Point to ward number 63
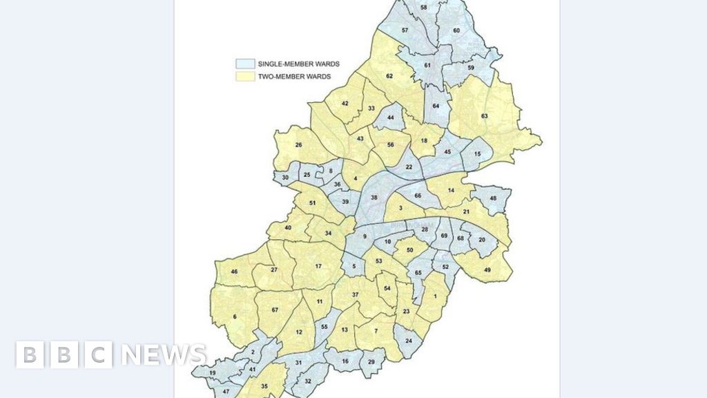click(485, 115)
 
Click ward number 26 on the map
click(299, 145)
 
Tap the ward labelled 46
click(234, 272)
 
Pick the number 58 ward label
click(424, 7)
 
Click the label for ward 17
click(318, 266)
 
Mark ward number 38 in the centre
click(374, 198)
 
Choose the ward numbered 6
click(235, 316)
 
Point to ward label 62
click(389, 75)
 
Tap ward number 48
click(493, 198)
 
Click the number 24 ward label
click(409, 341)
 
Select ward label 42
click(345, 104)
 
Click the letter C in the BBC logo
click(99, 354)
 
